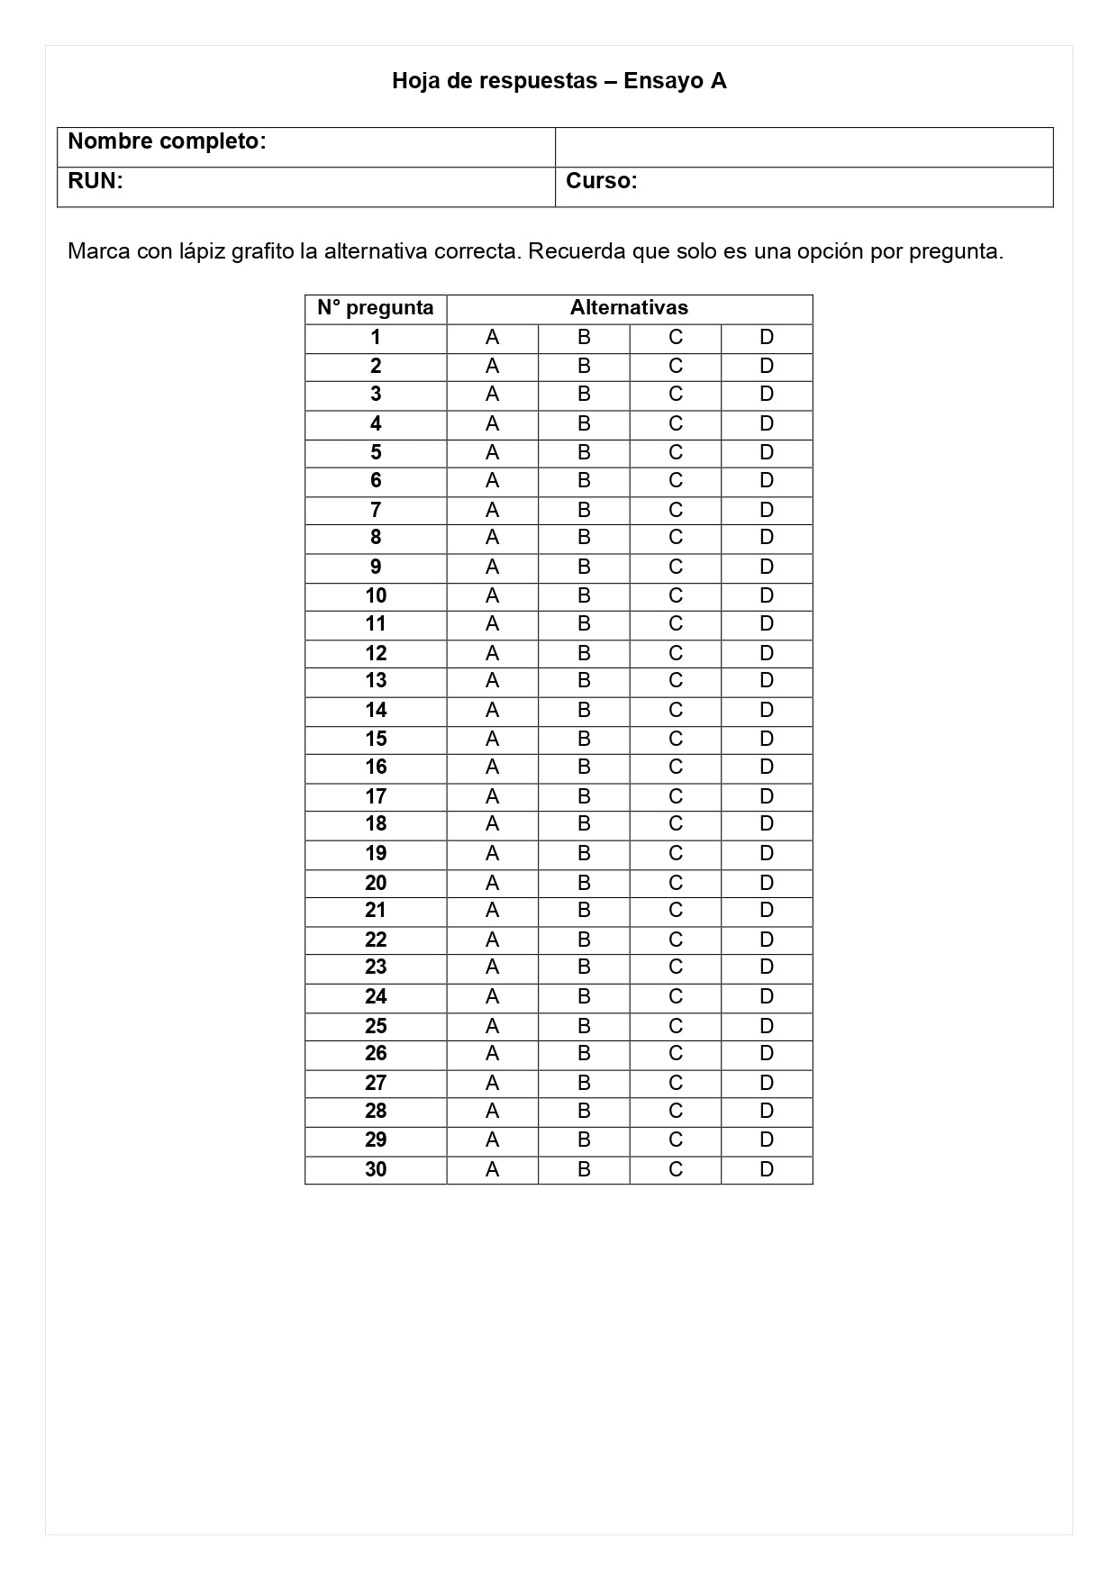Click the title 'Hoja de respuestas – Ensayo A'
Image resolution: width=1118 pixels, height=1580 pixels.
pyautogui.click(x=559, y=81)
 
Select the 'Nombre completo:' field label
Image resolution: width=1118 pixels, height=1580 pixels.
pyautogui.click(x=167, y=141)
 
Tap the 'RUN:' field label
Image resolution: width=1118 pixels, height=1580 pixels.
pyautogui.click(x=95, y=181)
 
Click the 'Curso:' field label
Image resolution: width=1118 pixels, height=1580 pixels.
pyautogui.click(x=601, y=181)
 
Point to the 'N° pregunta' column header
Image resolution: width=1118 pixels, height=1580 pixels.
pyautogui.click(x=376, y=308)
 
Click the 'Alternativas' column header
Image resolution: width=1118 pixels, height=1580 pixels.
pyautogui.click(x=629, y=308)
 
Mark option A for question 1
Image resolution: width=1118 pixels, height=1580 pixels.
pyautogui.click(x=492, y=338)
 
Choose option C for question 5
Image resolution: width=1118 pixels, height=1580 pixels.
pyautogui.click(x=676, y=452)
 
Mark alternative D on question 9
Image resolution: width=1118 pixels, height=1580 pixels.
pyautogui.click(x=767, y=567)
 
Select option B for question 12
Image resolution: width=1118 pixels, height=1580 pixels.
pyautogui.click(x=584, y=653)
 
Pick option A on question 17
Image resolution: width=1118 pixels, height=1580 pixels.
pyautogui.click(x=492, y=796)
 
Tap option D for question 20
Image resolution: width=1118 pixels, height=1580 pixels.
pyautogui.click(x=767, y=883)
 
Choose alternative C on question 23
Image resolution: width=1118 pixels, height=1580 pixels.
pyautogui.click(x=676, y=967)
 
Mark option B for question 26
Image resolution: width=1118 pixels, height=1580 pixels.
pyautogui.click(x=584, y=1054)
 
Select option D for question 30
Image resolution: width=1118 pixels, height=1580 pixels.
pyautogui.click(x=767, y=1169)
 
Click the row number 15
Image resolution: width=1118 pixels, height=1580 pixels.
pyautogui.click(x=376, y=740)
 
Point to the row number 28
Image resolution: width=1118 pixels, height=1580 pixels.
pyautogui.click(x=376, y=1112)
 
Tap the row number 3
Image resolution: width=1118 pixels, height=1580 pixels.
pyautogui.click(x=376, y=395)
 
